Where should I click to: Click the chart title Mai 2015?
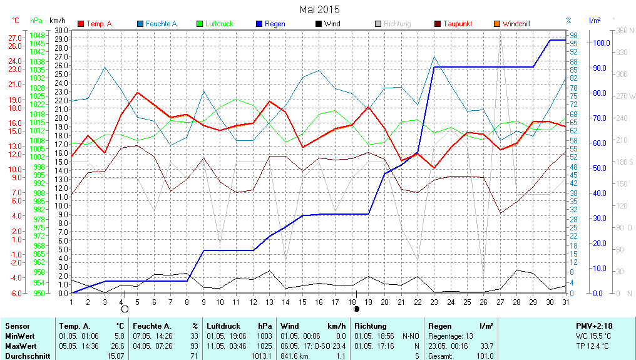pos(319,9)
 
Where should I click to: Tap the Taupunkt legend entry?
pos(458,24)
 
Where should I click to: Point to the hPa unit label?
pos(36,21)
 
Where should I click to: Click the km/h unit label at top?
pos(58,21)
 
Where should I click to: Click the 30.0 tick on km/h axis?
pos(61,30)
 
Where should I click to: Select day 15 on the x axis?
pos(302,302)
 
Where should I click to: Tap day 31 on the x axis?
pos(565,302)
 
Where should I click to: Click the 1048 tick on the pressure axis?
pos(37,36)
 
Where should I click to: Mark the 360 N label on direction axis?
pos(626,30)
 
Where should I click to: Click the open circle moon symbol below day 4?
pos(125,309)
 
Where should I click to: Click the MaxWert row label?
pos(21,346)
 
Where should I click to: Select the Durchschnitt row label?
pos(28,356)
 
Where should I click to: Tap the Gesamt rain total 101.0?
pos(485,356)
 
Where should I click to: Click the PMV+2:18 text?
pos(595,326)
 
